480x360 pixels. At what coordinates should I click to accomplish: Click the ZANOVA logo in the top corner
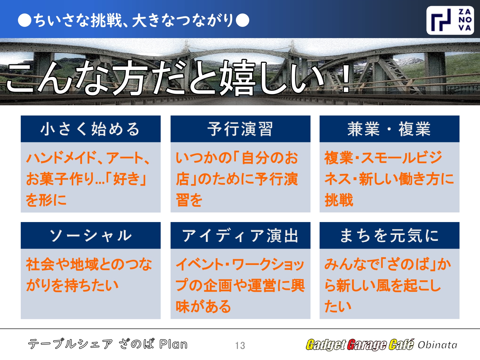[x=450, y=20]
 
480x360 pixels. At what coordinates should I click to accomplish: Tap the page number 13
[x=240, y=345]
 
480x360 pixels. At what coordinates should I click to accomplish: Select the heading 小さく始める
[x=90, y=129]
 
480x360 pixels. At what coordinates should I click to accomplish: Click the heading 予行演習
[x=240, y=129]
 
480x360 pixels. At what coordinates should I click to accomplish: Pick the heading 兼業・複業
[x=389, y=129]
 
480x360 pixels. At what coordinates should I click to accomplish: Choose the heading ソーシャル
[x=90, y=236]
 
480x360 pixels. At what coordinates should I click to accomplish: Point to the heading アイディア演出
[x=240, y=236]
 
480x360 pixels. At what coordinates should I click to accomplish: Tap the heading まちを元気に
[x=389, y=236]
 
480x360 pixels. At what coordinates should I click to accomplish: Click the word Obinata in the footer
[x=437, y=345]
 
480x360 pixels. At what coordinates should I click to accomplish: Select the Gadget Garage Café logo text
[x=360, y=345]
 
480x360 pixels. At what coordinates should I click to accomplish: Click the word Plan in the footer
[x=173, y=344]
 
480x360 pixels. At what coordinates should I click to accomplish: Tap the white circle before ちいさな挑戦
[x=24, y=20]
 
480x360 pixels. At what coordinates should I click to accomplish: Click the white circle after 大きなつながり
[x=242, y=20]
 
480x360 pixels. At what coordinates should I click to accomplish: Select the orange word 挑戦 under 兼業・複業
[x=339, y=200]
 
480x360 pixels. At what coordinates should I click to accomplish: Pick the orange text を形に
[x=46, y=200]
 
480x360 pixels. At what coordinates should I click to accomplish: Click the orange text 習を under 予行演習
[x=189, y=200]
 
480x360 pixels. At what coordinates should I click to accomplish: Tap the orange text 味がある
[x=203, y=306]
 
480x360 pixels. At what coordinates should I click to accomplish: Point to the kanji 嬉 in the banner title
[x=237, y=78]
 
